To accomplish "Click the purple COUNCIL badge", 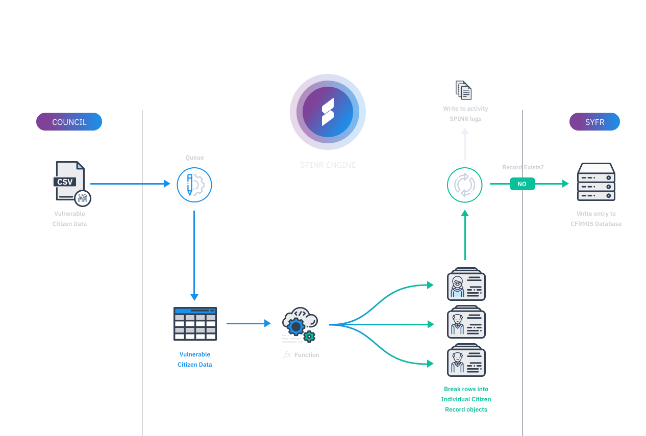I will (69, 122).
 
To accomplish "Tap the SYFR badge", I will (594, 122).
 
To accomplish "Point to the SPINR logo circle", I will (328, 112).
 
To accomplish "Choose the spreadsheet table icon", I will (195, 323).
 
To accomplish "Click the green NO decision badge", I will (522, 184).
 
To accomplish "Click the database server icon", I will (596, 182).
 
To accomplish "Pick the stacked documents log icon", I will (464, 90).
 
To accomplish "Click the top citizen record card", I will (465, 284).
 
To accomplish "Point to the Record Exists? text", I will (523, 167).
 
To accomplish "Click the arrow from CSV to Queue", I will (130, 184).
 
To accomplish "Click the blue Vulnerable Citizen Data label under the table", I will (195, 359).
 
